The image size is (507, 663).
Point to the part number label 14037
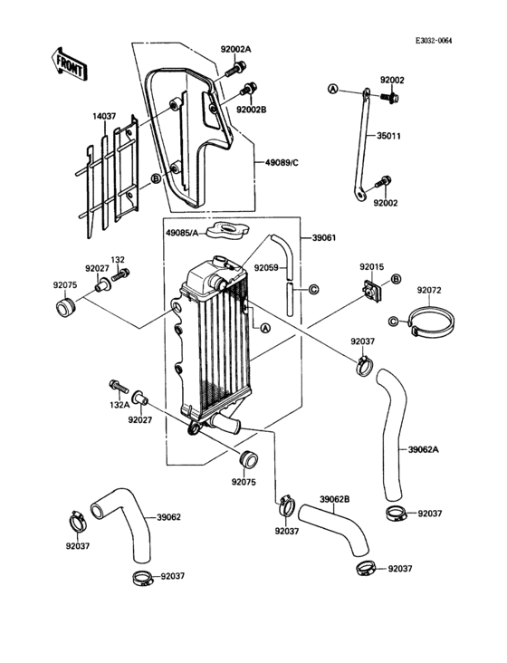click(102, 116)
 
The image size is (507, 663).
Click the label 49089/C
click(283, 162)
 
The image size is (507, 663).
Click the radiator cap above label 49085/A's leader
click(225, 230)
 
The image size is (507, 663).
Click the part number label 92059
click(266, 268)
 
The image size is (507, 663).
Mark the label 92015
click(371, 267)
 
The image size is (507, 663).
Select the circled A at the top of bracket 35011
click(332, 90)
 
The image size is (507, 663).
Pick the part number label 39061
click(324, 236)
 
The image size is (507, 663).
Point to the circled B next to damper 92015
click(395, 282)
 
